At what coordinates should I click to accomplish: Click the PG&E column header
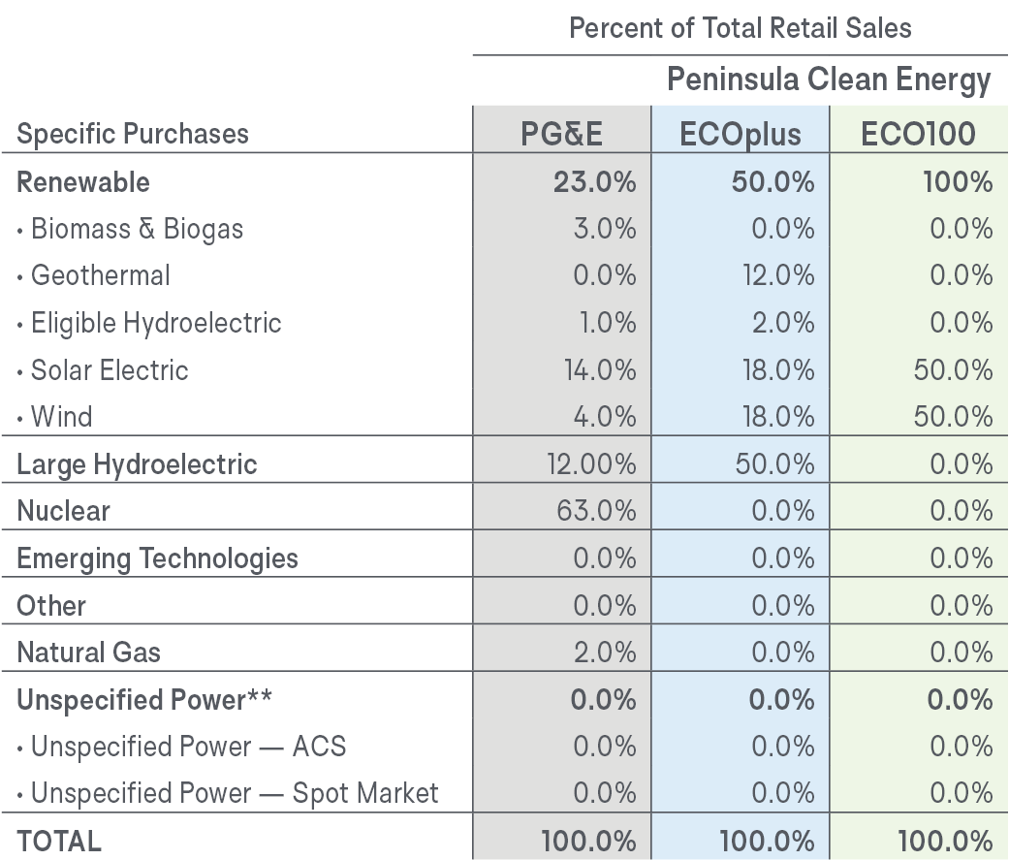[x=562, y=134]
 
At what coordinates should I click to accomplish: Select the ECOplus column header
[x=741, y=134]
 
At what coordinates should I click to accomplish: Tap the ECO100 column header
[x=917, y=134]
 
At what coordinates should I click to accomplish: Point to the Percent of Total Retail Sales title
[x=740, y=27]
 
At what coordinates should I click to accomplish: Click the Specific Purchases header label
[x=133, y=134]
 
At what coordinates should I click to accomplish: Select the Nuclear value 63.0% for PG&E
[x=596, y=511]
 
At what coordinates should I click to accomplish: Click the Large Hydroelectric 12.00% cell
[x=591, y=464]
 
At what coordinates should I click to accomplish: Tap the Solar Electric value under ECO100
[x=955, y=370]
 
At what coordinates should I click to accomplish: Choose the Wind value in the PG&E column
[x=604, y=417]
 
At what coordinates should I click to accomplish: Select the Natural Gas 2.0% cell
[x=604, y=653]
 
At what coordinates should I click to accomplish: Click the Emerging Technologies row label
[x=157, y=558]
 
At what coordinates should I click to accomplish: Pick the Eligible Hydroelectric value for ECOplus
[x=783, y=323]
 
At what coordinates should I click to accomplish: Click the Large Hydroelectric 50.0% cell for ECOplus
[x=775, y=464]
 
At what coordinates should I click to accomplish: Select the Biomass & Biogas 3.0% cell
[x=604, y=229]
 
